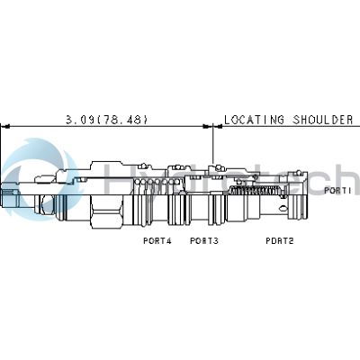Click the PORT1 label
coord(337,191)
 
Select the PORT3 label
coord(204,240)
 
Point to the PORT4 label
coord(157,240)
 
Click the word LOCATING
coord(254,119)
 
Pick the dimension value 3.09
coord(81,119)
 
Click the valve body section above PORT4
coord(153,193)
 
